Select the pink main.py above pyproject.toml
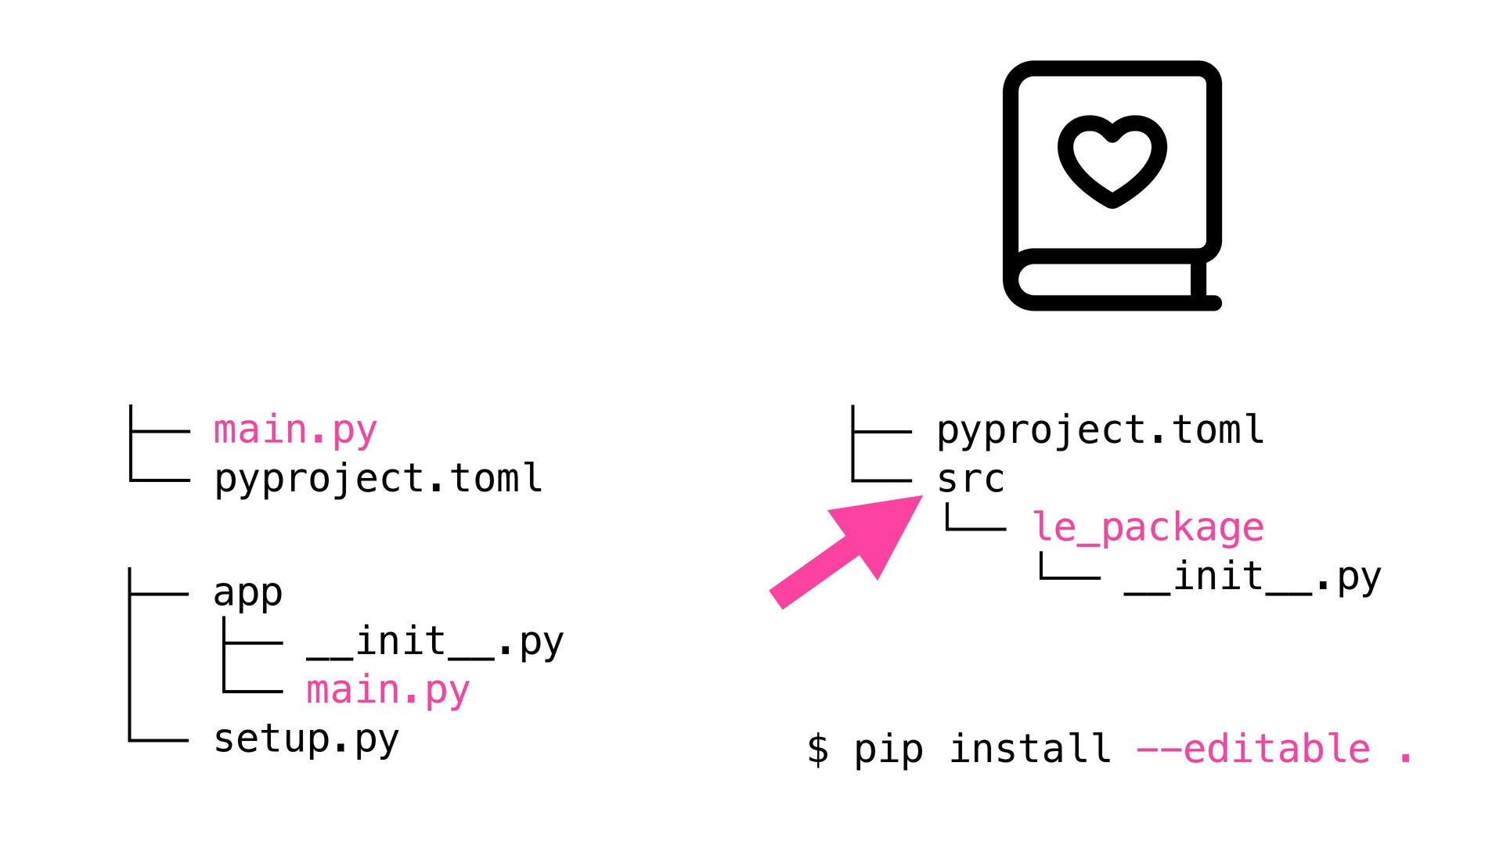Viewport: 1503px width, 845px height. coord(295,430)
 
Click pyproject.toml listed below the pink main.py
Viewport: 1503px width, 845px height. coord(378,479)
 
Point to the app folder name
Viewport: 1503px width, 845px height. coord(247,593)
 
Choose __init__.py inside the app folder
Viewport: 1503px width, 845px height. coord(434,642)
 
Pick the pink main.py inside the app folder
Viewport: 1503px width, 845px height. coord(387,691)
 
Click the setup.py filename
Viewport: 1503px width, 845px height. coord(306,739)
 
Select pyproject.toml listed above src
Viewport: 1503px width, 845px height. coord(1100,430)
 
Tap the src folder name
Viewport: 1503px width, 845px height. coord(971,479)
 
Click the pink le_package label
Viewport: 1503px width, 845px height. coord(1148,528)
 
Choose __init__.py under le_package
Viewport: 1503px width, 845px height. coord(1252,577)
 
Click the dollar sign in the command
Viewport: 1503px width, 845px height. coord(818,750)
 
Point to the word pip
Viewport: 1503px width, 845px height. coord(888,750)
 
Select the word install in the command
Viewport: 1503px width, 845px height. coord(1030,750)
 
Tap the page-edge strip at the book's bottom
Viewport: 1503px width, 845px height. coord(1104,279)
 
